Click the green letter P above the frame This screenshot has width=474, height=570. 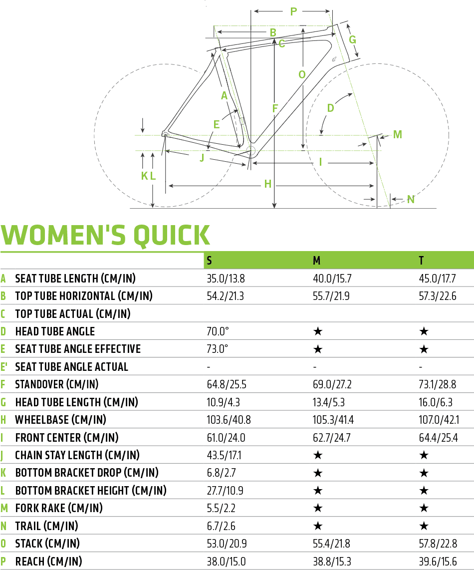tap(294, 11)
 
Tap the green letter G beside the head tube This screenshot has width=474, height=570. tap(352, 39)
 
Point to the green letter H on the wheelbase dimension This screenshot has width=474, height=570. tap(268, 184)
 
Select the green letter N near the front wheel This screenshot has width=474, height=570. tap(411, 199)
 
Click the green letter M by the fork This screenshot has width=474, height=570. tap(398, 134)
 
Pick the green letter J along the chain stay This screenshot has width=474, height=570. tap(202, 158)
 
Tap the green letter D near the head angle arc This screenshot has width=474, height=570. tap(330, 108)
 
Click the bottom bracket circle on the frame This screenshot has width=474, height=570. tap(250, 151)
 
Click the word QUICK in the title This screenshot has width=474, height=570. tap(172, 236)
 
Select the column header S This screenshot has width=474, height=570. tap(210, 261)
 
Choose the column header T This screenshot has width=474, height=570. tap(421, 261)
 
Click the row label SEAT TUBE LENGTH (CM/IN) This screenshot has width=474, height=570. tap(75, 279)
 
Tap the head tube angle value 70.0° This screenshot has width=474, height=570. tap(218, 331)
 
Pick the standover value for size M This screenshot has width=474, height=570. tap(332, 384)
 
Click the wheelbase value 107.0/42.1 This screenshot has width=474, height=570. tap(439, 420)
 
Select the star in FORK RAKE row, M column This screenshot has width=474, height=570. tap(318, 508)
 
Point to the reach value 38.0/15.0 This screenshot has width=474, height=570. tap(226, 562)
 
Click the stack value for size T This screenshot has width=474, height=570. tap(438, 544)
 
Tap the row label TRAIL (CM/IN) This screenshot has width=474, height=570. tap(46, 526)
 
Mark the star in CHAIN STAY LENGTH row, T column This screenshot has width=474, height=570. tap(424, 455)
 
